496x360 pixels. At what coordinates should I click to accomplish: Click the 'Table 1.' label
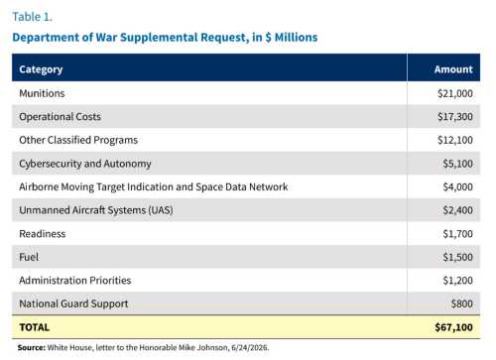32,17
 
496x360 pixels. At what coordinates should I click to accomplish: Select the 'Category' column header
41,69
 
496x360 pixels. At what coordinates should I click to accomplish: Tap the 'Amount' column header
453,69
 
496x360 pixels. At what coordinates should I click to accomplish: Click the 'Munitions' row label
42,93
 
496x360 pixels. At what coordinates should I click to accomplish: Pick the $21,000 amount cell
455,93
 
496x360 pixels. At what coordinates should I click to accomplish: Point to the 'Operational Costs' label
60,117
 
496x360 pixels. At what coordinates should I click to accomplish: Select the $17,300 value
455,117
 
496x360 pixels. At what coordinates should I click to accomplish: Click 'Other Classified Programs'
78,140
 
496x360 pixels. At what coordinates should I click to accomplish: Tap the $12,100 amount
455,140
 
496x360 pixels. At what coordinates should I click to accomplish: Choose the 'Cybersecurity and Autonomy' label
85,164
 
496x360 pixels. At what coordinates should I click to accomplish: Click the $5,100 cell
457,164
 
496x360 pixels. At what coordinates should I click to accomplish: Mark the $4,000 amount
457,187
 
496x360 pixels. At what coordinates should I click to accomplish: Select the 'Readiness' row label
43,234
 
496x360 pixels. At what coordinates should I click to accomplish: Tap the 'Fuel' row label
29,257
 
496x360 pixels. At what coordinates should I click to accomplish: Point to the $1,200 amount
457,281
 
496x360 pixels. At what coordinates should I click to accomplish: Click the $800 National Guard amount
462,303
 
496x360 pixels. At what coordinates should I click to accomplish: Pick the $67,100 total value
453,327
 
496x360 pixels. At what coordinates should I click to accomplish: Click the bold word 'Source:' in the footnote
32,348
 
